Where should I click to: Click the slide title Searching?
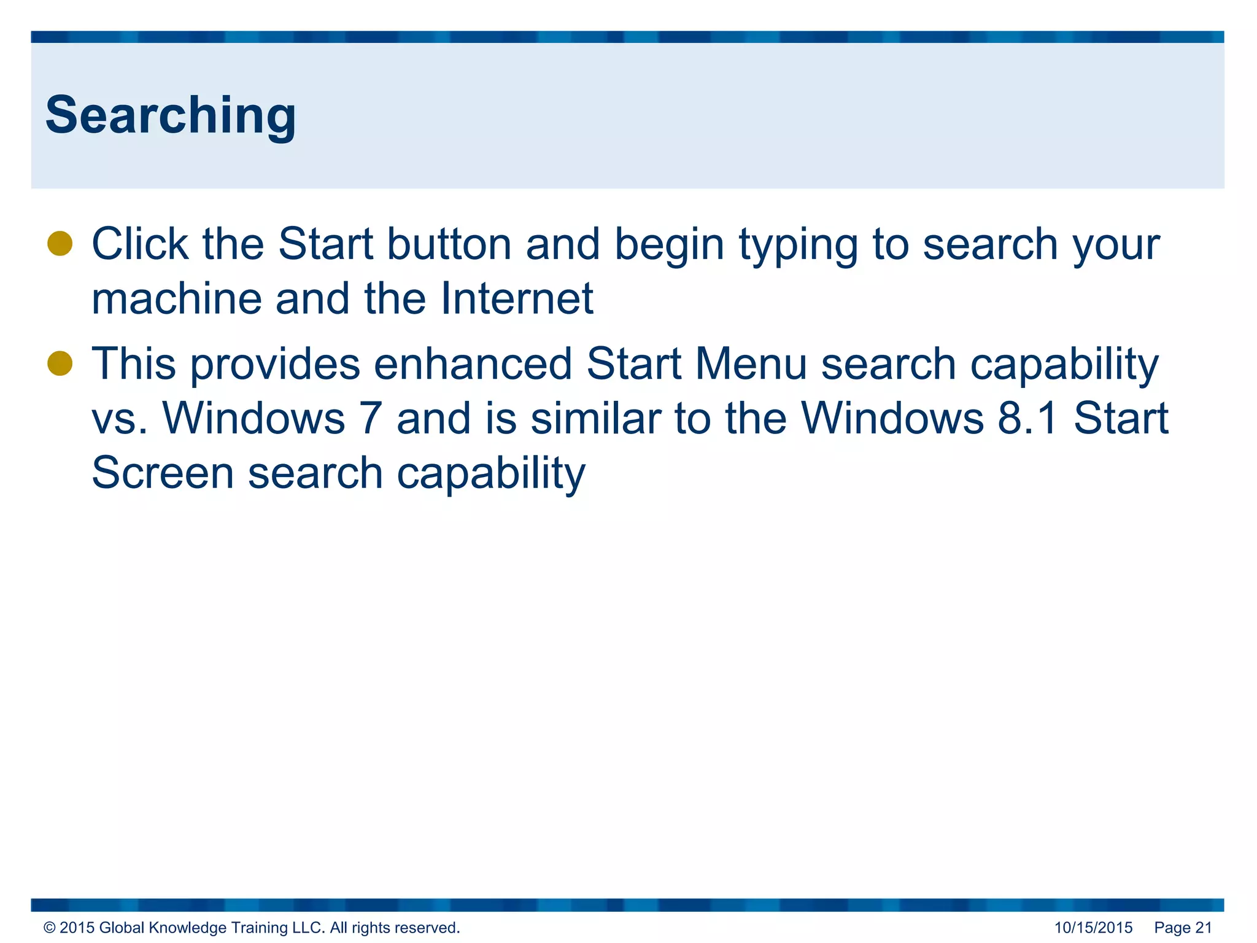click(171, 115)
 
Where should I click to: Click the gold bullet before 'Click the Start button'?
click(60, 243)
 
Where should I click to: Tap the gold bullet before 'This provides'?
click(60, 363)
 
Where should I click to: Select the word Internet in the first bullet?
click(517, 299)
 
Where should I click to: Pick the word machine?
click(176, 299)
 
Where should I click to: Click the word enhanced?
click(473, 364)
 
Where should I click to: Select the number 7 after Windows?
click(371, 419)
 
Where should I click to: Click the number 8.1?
click(1027, 419)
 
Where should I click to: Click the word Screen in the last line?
click(162, 473)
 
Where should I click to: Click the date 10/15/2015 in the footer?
click(1093, 928)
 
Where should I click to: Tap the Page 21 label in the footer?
click(1183, 928)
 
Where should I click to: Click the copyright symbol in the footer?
click(50, 928)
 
